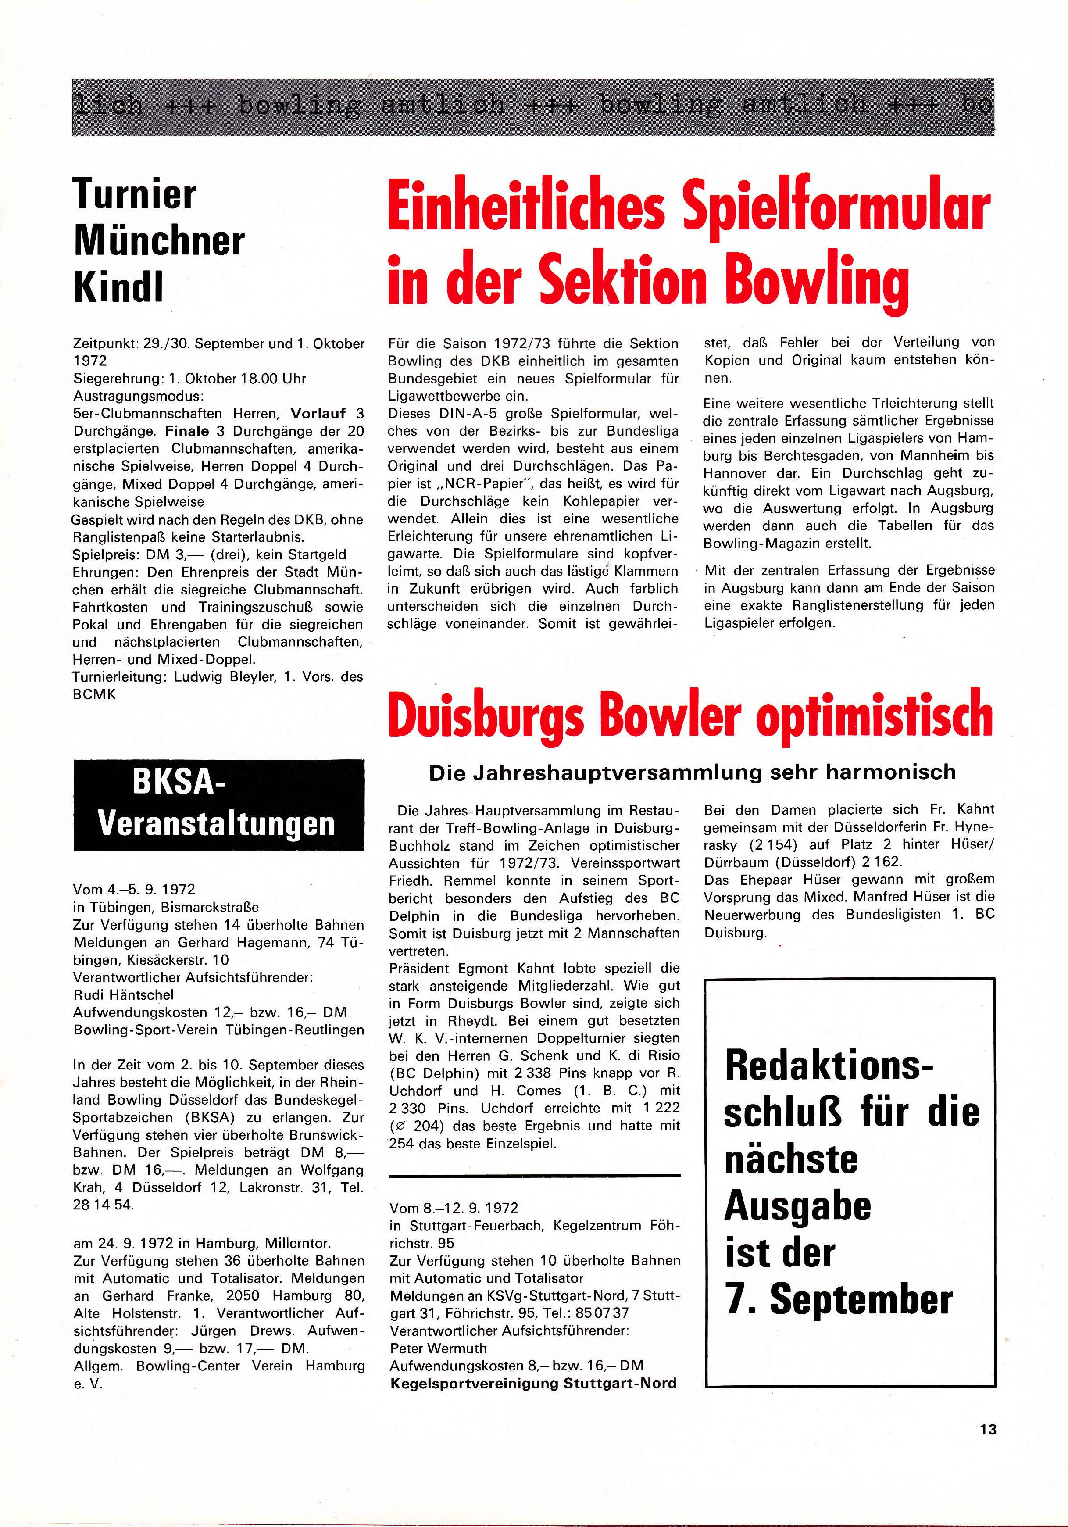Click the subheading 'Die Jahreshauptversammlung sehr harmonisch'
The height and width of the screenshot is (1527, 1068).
tap(692, 772)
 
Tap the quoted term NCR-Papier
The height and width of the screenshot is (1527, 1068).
tap(485, 483)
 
